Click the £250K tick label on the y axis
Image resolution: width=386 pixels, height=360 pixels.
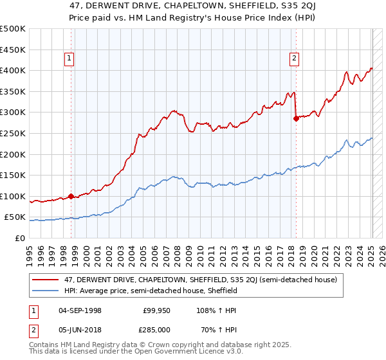13,133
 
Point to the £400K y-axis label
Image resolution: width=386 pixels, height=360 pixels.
13,70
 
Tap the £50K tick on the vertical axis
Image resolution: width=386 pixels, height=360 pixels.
15,217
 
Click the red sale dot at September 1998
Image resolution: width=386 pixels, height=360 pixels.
71,196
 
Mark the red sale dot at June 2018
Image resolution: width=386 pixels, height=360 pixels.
296,118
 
